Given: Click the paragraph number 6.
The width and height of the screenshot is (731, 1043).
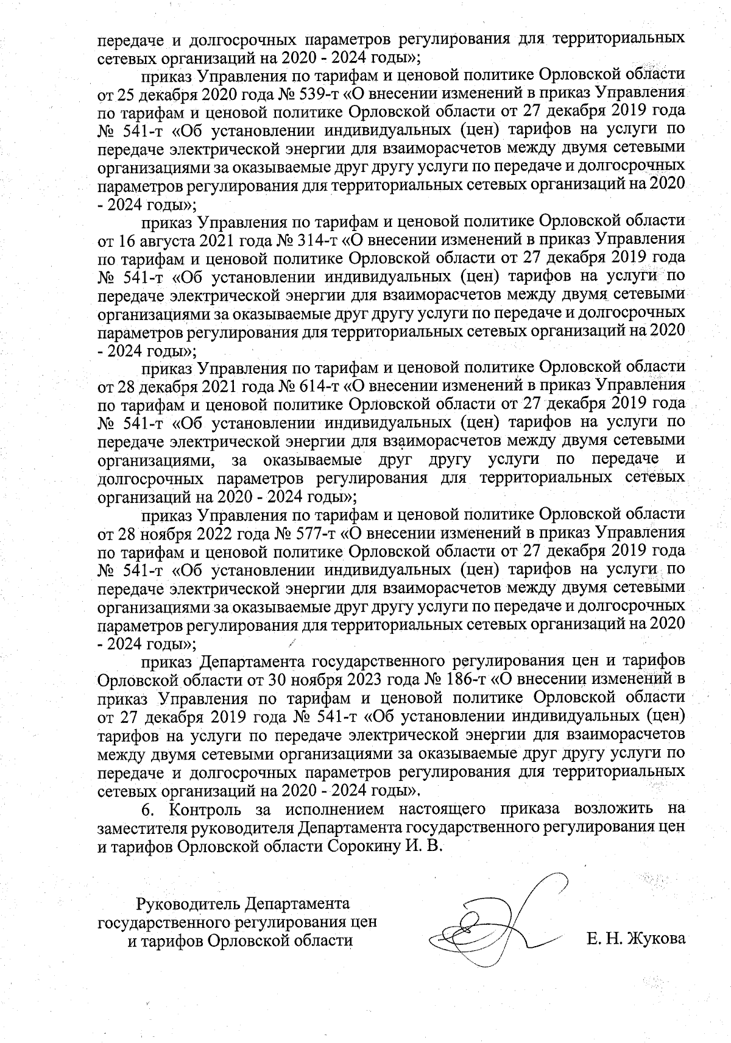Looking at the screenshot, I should pyautogui.click(x=146, y=810).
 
